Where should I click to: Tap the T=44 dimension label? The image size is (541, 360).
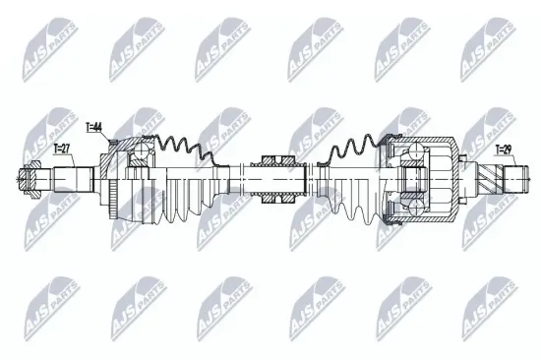(94, 127)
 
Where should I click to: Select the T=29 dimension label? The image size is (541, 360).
(503, 149)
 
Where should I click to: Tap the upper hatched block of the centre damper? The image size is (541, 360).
(278, 159)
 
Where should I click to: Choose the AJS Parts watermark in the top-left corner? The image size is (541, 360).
(40, 49)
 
